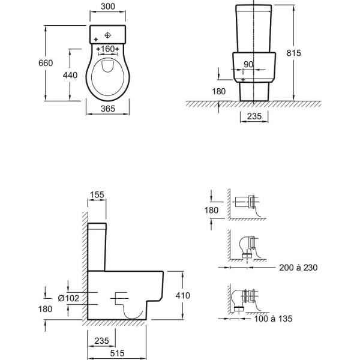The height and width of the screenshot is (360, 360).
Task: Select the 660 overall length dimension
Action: coord(46,63)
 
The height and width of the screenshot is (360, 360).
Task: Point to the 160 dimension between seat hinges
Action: coord(108,48)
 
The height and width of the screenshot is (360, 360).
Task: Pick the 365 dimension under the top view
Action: coord(108,109)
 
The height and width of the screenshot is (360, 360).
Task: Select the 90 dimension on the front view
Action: coord(248,65)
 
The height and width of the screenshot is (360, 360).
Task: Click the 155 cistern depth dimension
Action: coord(97,194)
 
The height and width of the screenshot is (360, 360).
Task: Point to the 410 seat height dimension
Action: coord(182,296)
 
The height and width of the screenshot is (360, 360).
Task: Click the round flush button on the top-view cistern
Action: coord(108,34)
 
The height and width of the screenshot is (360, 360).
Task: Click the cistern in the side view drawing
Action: coord(97,246)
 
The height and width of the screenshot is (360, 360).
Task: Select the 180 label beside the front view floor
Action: coord(218,92)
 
